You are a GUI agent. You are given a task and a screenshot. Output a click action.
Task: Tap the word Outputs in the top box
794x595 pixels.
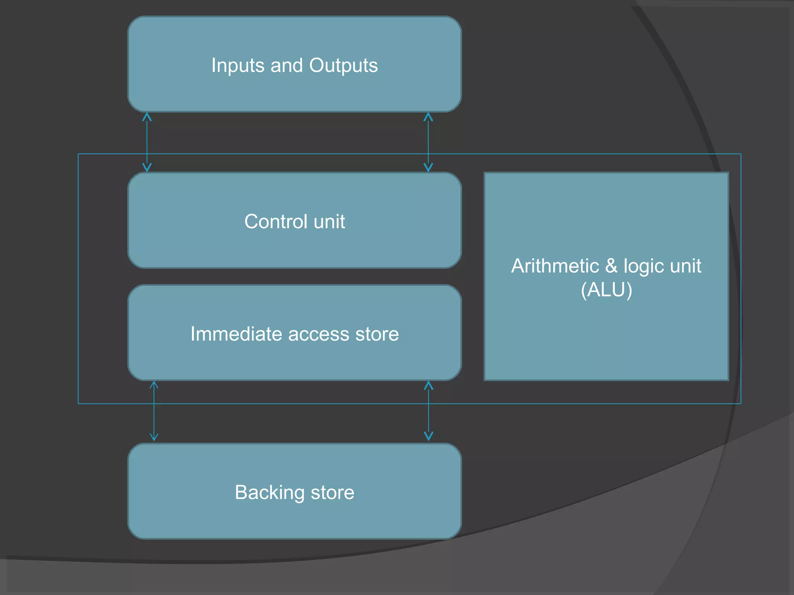coord(343,65)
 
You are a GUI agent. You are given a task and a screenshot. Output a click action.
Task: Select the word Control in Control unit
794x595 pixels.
coord(276,222)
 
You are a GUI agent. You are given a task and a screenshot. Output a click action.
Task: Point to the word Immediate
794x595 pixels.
coord(236,334)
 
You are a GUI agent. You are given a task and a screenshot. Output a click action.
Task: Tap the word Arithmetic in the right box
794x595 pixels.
coord(555,266)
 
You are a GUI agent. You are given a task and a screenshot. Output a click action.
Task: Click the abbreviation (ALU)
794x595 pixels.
coord(606,290)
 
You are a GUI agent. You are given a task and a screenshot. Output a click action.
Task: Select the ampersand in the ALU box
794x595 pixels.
coord(611,266)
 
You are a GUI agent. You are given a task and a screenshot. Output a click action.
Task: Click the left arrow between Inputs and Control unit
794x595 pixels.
coord(147,142)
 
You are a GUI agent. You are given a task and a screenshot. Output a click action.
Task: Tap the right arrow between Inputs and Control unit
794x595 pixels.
coord(428,142)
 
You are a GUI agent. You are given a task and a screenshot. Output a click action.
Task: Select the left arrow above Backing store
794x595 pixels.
coord(154,411)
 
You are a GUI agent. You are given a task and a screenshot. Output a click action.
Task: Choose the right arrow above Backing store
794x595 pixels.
coord(428,411)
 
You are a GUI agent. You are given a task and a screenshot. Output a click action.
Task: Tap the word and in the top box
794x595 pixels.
coord(287,65)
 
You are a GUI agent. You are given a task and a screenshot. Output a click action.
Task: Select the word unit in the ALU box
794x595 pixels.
coord(685,266)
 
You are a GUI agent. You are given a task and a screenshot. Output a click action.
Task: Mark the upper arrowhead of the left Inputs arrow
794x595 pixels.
coord(147,117)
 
